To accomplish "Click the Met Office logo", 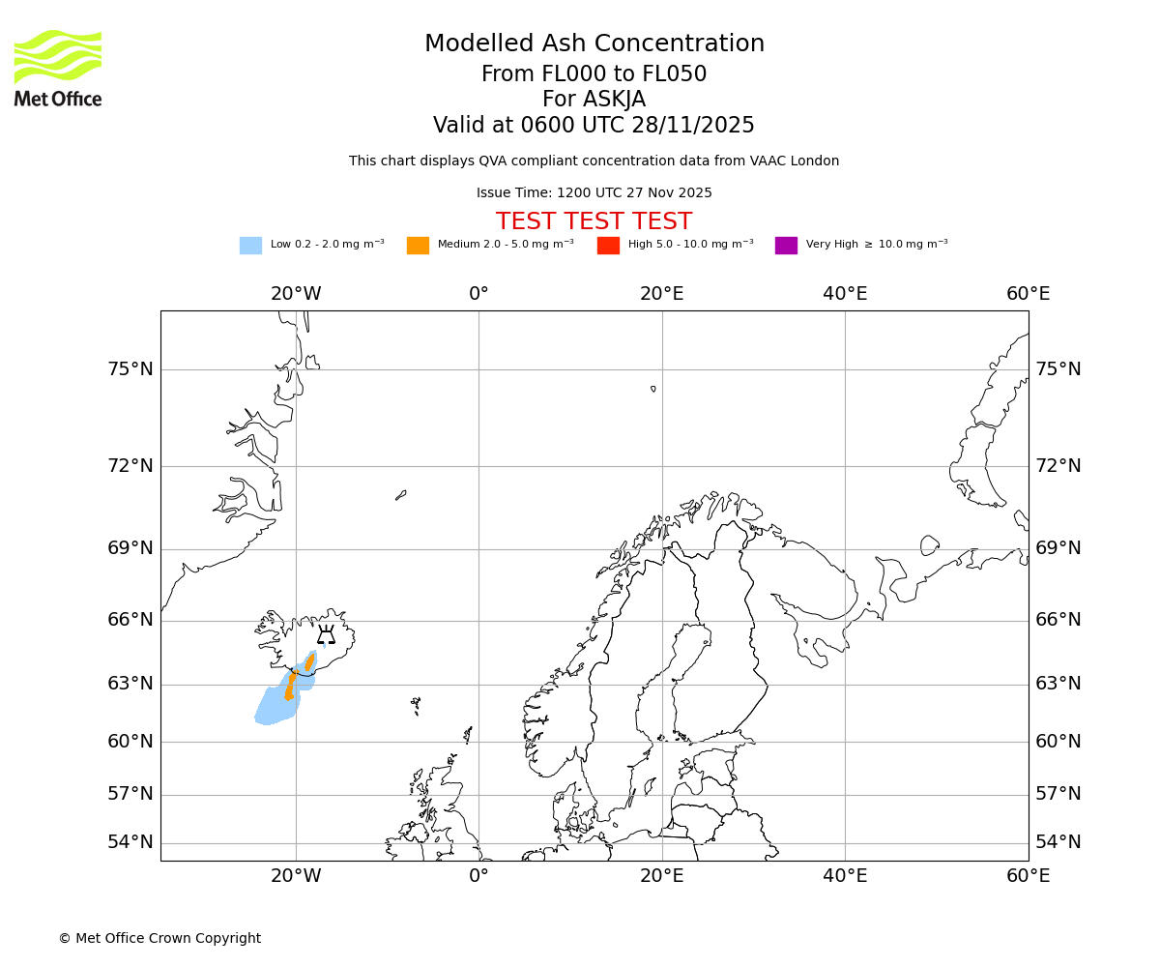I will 58,68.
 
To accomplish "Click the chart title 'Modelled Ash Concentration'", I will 594,44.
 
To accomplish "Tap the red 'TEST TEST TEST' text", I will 594,222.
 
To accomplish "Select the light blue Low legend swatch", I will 250,246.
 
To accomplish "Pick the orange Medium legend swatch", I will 418,246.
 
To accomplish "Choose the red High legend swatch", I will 608,246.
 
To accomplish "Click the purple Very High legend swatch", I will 786,246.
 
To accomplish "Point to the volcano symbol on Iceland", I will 326,634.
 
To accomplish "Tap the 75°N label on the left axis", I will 130,369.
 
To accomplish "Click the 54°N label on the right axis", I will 1058,842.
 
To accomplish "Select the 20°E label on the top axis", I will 662,294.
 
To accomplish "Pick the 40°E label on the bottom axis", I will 845,876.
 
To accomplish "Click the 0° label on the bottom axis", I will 478,876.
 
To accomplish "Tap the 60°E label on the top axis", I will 1028,294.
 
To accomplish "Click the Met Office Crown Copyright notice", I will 159,939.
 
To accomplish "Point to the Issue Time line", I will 594,193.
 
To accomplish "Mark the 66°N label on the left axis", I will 130,620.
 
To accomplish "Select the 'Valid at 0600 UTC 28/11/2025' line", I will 594,126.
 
